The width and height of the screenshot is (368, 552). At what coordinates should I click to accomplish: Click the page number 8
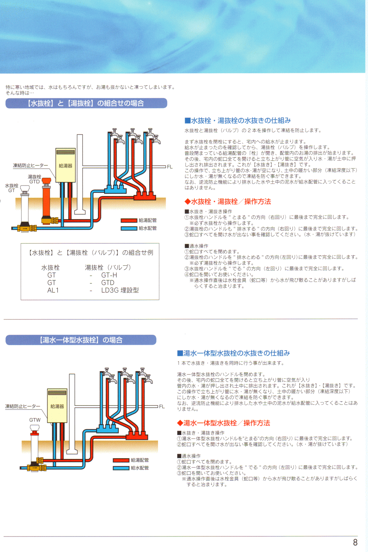[x=355, y=542]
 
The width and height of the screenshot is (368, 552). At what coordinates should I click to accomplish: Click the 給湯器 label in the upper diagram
[x=65, y=166]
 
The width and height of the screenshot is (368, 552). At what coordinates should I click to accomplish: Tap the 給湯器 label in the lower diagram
[x=57, y=406]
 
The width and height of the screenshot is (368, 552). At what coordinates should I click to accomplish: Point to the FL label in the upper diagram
[x=170, y=167]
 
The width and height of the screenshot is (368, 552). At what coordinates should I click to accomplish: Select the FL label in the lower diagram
[x=162, y=407]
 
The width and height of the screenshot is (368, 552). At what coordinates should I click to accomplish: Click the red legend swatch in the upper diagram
[x=129, y=220]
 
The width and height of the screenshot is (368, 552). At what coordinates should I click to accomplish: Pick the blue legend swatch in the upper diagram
[x=129, y=228]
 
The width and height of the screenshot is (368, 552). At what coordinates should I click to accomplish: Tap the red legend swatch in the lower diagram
[x=121, y=460]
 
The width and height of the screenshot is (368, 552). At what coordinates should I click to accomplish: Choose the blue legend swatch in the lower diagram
[x=121, y=468]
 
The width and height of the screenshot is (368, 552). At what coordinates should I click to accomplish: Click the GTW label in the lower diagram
[x=35, y=420]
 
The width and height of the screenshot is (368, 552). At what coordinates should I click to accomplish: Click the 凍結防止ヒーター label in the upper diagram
[x=31, y=166]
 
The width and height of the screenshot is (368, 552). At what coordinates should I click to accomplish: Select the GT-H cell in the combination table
[x=109, y=275]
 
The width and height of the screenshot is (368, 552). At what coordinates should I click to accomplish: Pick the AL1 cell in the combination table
[x=53, y=290]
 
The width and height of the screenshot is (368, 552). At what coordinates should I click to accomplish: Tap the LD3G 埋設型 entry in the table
[x=120, y=290]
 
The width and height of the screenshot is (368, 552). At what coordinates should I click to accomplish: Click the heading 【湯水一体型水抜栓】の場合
[x=81, y=340]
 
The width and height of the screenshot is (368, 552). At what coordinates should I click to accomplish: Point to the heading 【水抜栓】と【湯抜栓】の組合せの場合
[x=86, y=103]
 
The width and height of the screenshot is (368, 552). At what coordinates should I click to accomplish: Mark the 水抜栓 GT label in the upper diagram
[x=12, y=188]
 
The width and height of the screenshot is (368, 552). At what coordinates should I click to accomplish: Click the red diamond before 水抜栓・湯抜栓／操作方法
[x=187, y=201]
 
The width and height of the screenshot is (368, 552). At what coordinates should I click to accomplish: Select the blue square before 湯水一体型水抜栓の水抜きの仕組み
[x=180, y=353]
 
